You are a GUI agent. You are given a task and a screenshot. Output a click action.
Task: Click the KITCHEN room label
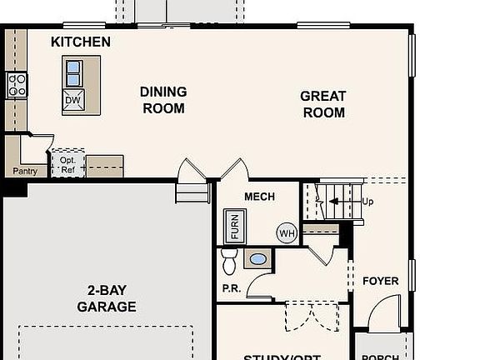pyautogui.click(x=80, y=42)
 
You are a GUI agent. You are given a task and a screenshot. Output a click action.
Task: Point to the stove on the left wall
pyautogui.click(x=17, y=83)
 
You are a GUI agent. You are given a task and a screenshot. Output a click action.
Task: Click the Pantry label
pyautogui.click(x=24, y=172)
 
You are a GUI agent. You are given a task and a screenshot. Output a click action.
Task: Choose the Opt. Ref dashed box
pyautogui.click(x=68, y=163)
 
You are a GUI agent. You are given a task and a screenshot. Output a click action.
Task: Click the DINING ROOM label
pyautogui.click(x=163, y=100)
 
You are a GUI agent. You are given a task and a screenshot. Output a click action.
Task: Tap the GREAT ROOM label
pyautogui.click(x=322, y=104)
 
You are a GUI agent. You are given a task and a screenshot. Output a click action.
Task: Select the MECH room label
pyautogui.click(x=259, y=197)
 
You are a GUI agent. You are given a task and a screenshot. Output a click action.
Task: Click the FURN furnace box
pyautogui.click(x=234, y=225)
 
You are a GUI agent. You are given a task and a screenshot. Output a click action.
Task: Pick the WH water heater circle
pyautogui.click(x=287, y=233)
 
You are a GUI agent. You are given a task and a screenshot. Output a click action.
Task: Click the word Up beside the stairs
pyautogui.click(x=368, y=202)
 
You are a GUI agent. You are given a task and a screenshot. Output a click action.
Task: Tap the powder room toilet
pyautogui.click(x=230, y=262)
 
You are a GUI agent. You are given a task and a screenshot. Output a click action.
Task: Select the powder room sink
pyautogui.click(x=257, y=259)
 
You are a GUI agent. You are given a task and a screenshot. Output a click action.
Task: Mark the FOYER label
pyautogui.click(x=380, y=281)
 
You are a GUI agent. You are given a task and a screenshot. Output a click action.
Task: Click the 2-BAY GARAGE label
pyautogui.click(x=107, y=298)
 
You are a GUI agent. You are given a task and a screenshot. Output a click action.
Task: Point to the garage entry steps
pyautogui.click(x=192, y=192)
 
